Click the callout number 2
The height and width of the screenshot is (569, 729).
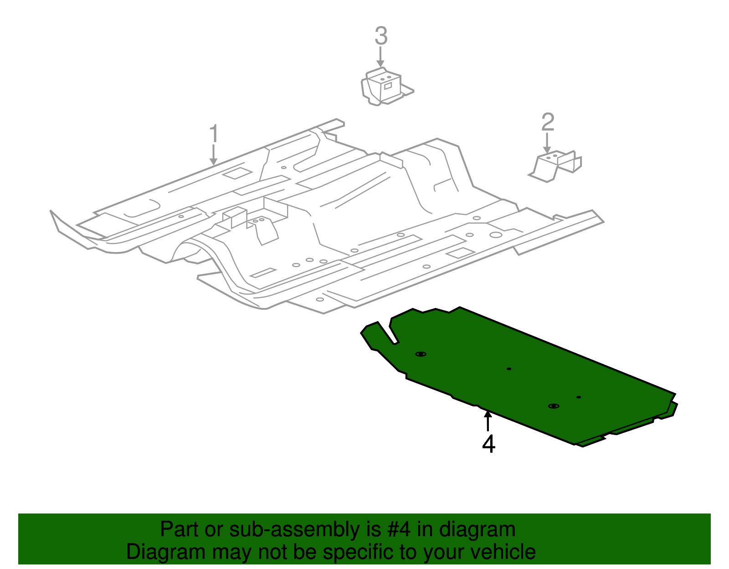pos(548,122)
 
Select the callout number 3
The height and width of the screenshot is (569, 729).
pos(381,36)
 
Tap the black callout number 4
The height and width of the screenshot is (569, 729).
pos(488,444)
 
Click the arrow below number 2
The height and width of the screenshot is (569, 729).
pos(547,144)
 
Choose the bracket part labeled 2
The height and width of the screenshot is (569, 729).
pos(556,164)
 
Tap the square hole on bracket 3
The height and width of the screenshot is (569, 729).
pos(388,86)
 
